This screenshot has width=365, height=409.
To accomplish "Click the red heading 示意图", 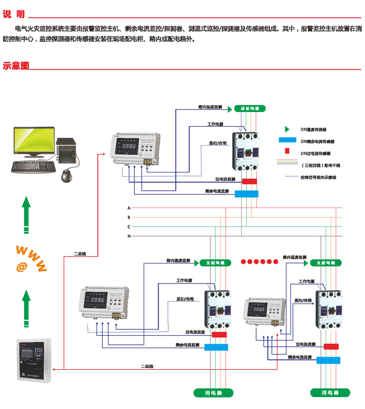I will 16,66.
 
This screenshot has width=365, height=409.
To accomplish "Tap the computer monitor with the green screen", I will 33,141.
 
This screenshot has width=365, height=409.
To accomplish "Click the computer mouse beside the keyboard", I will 66,175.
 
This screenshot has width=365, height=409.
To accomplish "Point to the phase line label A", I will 129,208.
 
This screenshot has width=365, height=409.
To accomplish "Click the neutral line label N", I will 129,236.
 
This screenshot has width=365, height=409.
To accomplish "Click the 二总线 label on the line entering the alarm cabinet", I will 147,366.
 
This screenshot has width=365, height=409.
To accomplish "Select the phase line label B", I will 129,217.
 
